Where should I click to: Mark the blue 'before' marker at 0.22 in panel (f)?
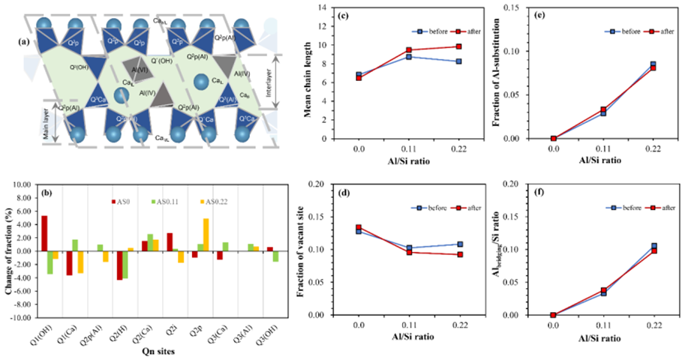653,246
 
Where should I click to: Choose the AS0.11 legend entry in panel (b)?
143,201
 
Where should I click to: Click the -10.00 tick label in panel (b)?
23,317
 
